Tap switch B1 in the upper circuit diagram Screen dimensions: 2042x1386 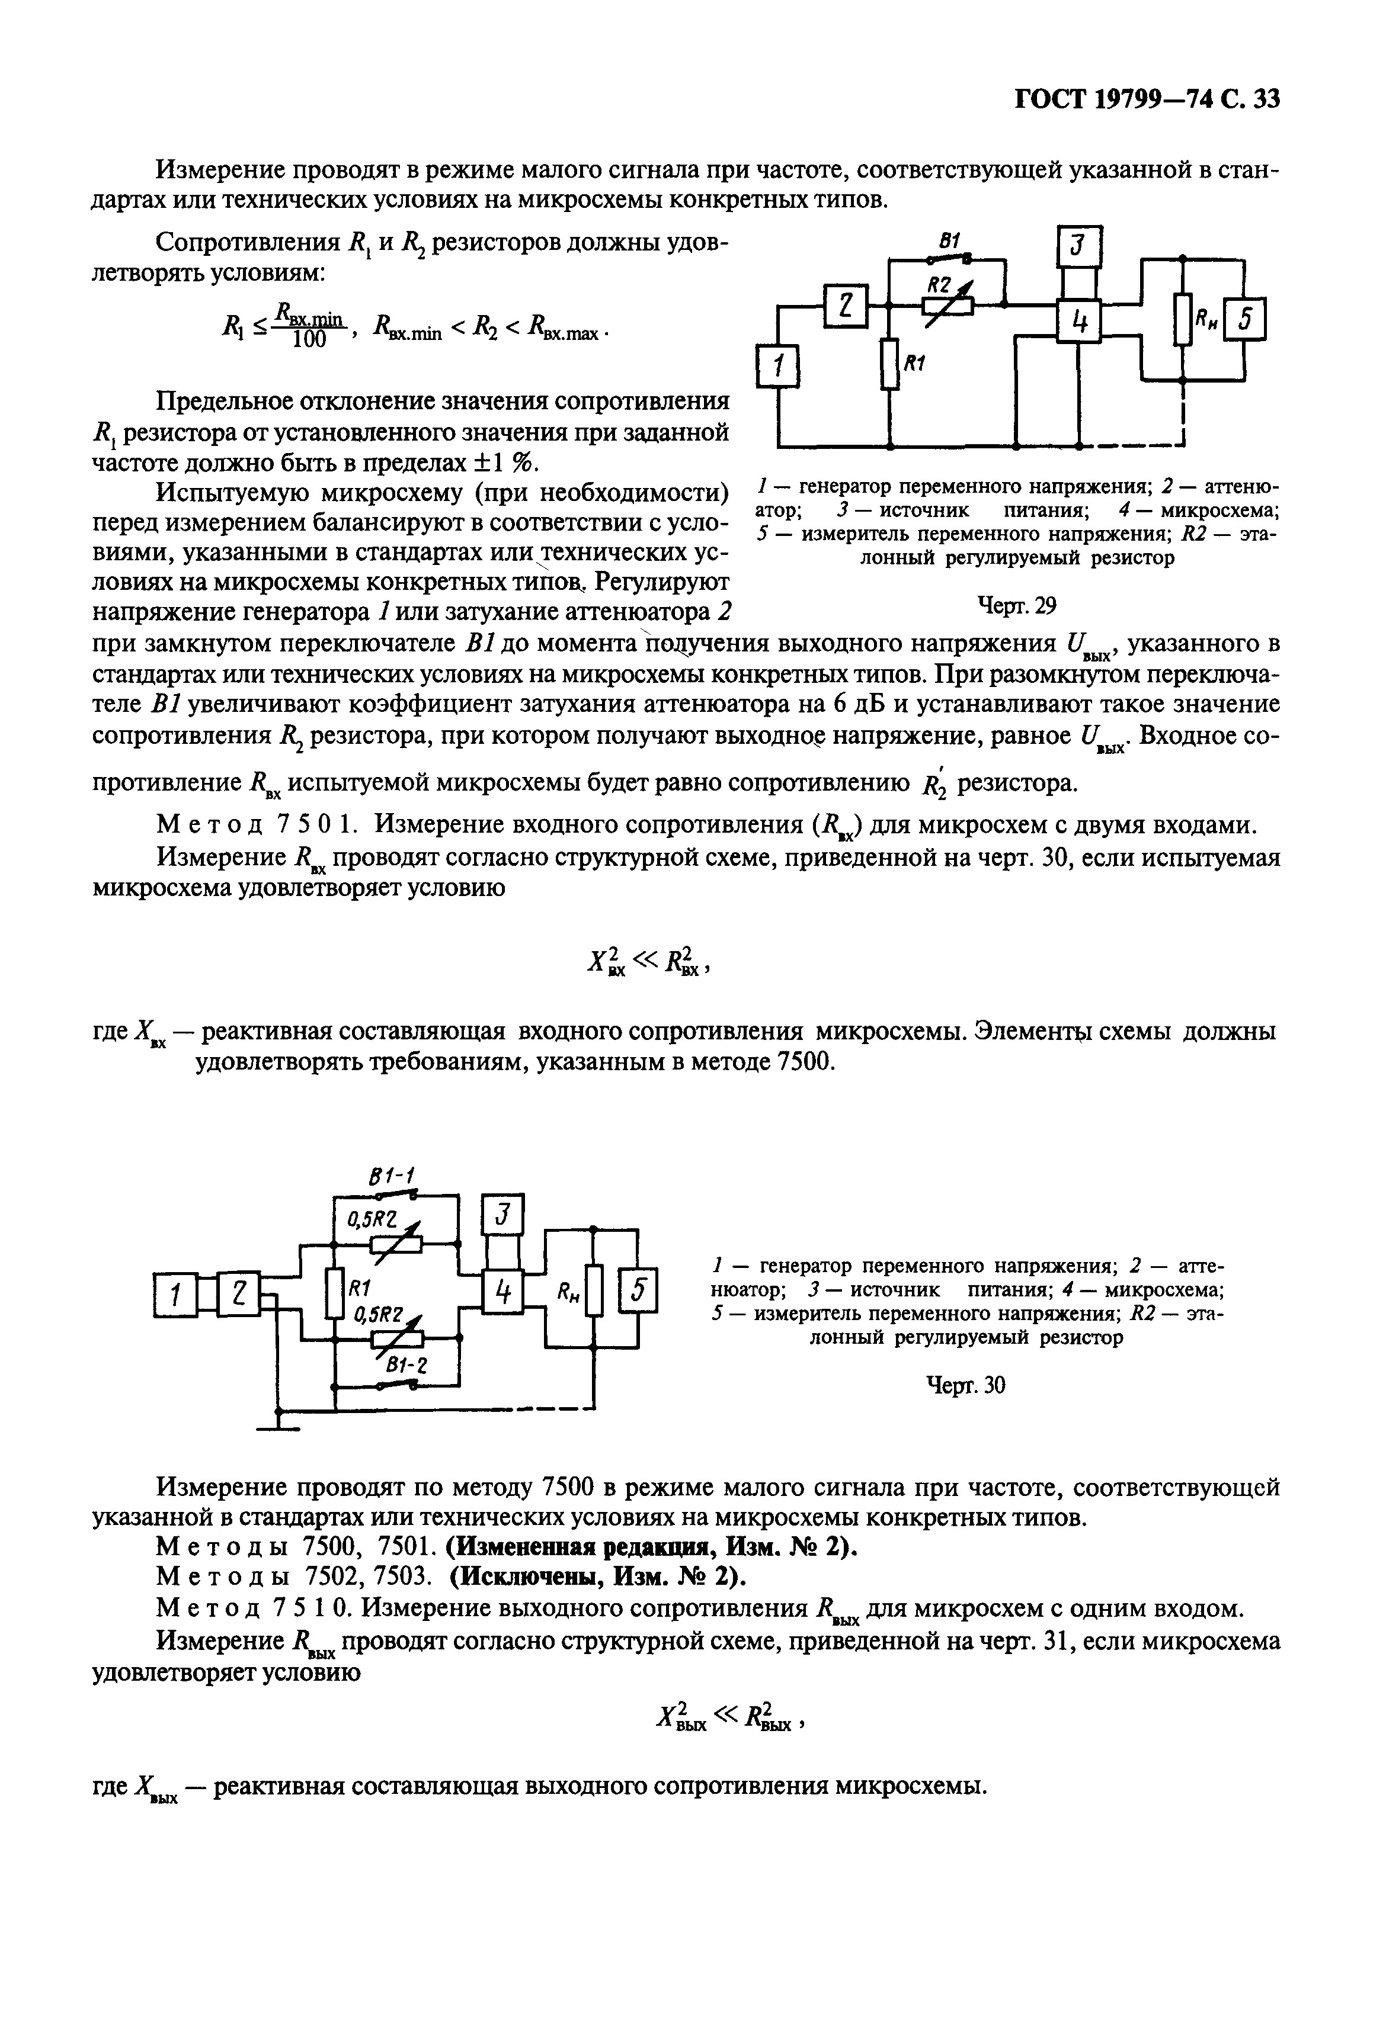coord(949,258)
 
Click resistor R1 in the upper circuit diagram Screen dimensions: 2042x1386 coord(891,364)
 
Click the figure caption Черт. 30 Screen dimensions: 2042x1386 coord(966,1386)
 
